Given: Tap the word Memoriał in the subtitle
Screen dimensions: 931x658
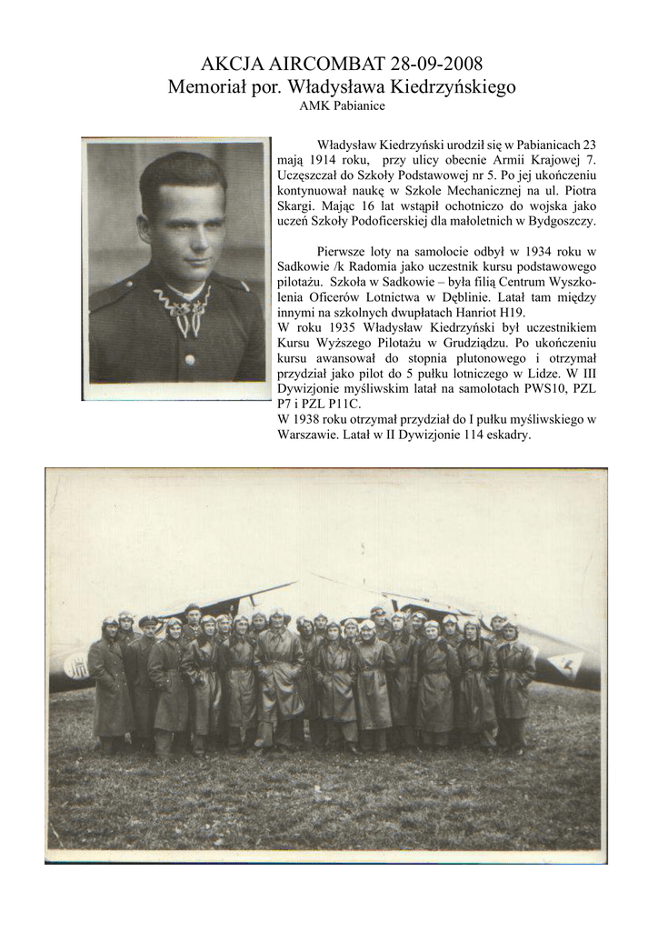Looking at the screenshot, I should point(207,87).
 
